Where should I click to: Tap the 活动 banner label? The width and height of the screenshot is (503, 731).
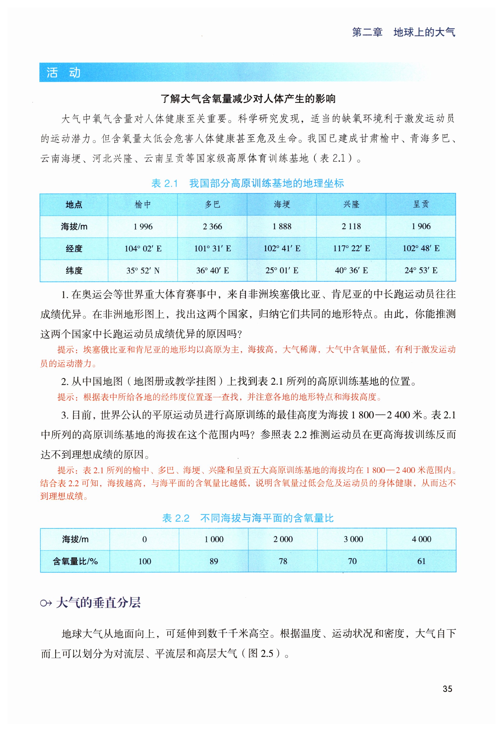[63, 73]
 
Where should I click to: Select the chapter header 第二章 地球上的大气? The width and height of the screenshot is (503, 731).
[403, 32]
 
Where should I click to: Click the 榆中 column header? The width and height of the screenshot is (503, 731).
[143, 204]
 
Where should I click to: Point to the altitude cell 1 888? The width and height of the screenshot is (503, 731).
[282, 226]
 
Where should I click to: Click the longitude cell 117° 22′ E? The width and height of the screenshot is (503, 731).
[351, 248]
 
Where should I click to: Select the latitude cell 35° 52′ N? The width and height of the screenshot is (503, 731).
[143, 270]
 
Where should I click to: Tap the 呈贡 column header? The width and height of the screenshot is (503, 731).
[421, 204]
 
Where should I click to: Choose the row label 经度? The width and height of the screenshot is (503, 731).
[74, 248]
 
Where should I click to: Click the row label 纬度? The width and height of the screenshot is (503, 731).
[74, 270]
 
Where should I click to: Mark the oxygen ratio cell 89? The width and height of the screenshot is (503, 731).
[214, 561]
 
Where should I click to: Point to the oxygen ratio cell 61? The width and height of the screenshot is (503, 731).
[421, 561]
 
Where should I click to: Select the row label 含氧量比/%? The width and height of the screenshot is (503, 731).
[75, 561]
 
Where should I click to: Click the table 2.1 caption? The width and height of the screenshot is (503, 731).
[248, 183]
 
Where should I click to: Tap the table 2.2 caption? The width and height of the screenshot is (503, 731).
[248, 518]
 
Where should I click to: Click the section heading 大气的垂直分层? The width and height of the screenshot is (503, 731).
[98, 603]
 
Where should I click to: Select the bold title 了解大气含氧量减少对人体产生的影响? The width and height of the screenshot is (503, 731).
[248, 99]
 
